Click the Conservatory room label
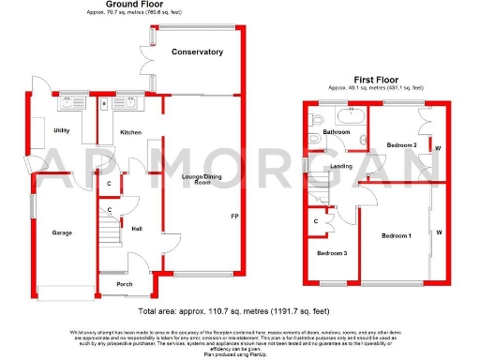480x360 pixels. point(197,52)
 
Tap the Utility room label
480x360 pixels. point(63,131)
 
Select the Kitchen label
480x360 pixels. point(130,132)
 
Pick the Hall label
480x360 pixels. point(137,229)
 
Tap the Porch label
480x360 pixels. point(124,283)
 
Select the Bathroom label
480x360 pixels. point(337,133)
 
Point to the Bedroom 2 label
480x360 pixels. point(401,144)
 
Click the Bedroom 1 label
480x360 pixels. point(397,235)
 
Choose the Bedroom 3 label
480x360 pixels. point(331,254)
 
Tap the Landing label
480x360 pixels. point(342,166)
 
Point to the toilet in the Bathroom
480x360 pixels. point(316,118)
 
